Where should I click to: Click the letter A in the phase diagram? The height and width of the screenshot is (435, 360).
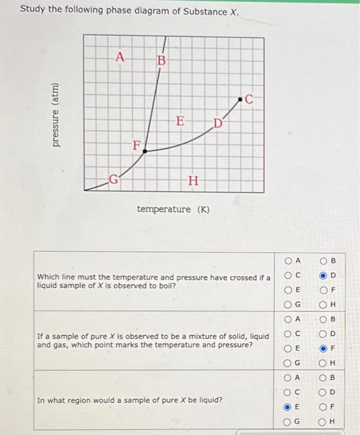click(x=121, y=57)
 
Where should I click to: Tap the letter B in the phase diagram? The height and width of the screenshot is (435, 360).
click(x=160, y=62)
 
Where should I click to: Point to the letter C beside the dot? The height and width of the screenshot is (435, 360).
click(x=250, y=98)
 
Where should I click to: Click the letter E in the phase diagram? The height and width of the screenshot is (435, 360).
click(x=180, y=121)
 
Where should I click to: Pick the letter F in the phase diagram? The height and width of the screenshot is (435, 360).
click(x=136, y=146)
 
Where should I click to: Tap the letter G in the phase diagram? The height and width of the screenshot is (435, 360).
click(x=114, y=181)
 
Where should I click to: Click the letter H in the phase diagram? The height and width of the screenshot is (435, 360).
click(x=193, y=181)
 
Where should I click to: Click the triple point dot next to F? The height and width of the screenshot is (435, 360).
click(x=144, y=150)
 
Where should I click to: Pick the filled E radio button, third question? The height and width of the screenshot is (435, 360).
click(x=287, y=408)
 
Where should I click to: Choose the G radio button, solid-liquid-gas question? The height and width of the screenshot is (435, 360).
click(x=287, y=362)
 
